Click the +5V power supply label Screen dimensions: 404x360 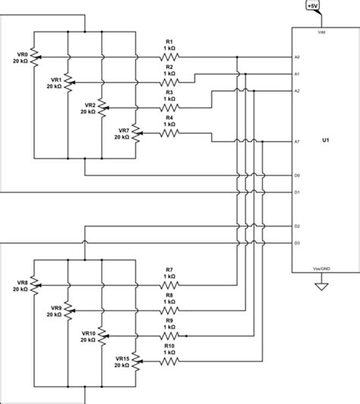312,6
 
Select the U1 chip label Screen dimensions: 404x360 325,141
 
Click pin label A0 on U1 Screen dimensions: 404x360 298,58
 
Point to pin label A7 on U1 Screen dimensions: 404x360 298,141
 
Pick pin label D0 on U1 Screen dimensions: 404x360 298,176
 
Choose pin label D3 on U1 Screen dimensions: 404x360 298,243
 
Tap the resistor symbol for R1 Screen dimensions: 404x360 170,58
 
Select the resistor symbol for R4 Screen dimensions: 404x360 170,134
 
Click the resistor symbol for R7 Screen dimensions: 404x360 170,286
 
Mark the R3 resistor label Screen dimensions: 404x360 170,92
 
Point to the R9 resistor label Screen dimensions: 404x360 170,320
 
